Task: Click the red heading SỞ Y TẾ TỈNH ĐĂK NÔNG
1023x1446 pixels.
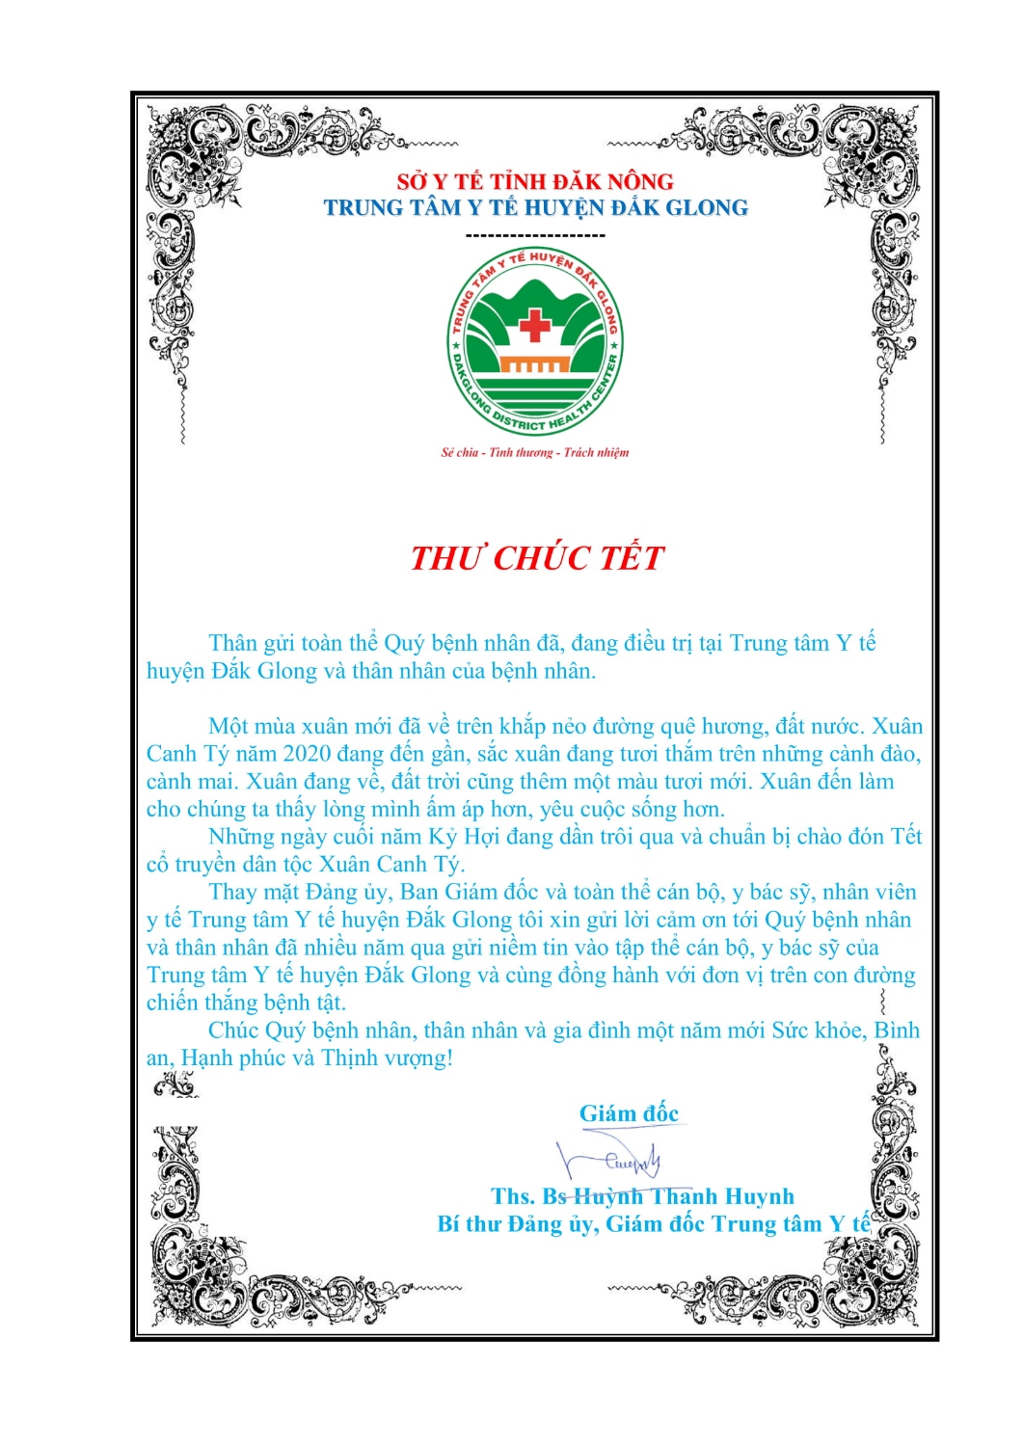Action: (x=535, y=181)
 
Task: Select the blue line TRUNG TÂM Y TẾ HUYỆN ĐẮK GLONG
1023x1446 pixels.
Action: (x=535, y=208)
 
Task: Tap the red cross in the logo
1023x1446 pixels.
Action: (x=534, y=325)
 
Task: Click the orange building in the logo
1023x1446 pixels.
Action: (x=533, y=365)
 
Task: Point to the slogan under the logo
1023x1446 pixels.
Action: (x=535, y=452)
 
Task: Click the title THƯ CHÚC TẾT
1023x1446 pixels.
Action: (x=537, y=558)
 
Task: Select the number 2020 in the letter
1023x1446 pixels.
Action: (x=307, y=754)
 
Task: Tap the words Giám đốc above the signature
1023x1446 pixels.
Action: (x=629, y=1113)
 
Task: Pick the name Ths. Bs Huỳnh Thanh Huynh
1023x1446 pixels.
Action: (x=642, y=1196)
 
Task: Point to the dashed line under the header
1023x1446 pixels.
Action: (x=535, y=235)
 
